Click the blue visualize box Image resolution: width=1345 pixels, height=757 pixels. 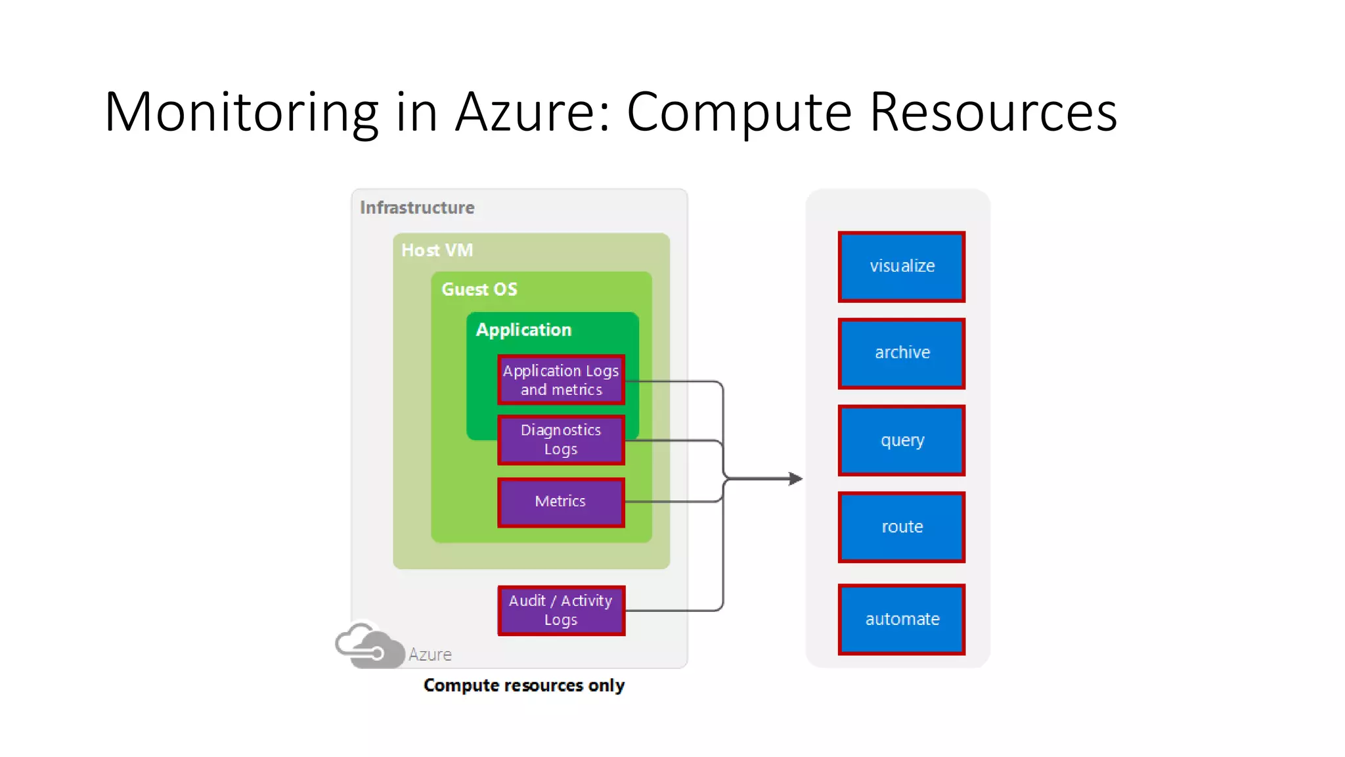(901, 266)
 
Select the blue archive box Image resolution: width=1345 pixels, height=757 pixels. (901, 353)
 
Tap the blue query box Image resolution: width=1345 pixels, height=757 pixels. (901, 440)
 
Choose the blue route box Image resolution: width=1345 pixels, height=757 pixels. (901, 527)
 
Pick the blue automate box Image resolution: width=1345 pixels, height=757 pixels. (901, 619)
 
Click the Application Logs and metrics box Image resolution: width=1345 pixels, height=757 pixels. (561, 380)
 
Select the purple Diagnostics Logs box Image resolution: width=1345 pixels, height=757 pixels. (561, 440)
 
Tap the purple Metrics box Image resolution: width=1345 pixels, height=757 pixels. (561, 502)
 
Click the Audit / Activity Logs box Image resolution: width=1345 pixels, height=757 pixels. (561, 610)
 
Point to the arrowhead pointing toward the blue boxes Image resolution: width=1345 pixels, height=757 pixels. (795, 478)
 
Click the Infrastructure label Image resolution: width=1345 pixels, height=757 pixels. (417, 208)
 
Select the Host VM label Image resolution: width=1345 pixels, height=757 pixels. (437, 250)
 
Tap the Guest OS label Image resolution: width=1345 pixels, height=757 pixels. (479, 290)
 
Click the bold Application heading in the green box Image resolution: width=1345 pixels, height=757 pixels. (523, 330)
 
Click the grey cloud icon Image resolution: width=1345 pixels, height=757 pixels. (369, 647)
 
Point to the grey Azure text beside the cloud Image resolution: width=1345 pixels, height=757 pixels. (430, 654)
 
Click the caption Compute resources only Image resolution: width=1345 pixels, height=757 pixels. (523, 685)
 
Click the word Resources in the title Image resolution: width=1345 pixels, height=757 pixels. (993, 113)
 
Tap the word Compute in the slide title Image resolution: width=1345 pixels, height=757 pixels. (739, 113)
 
